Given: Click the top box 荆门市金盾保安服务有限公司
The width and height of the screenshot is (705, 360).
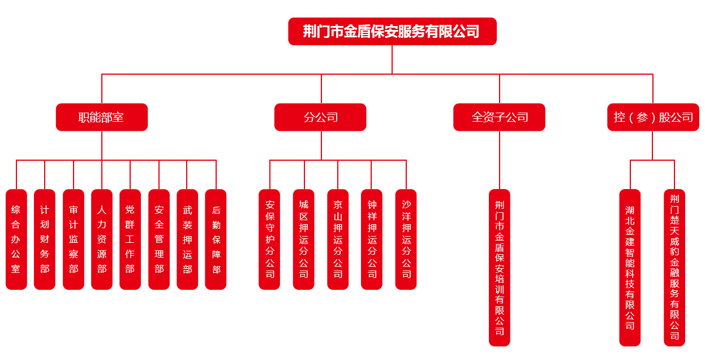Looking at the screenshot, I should tap(392, 31).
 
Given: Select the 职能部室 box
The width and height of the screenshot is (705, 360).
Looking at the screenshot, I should tap(102, 117).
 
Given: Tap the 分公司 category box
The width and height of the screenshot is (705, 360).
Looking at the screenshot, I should tap(320, 117).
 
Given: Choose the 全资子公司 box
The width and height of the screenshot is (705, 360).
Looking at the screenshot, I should tap(499, 117).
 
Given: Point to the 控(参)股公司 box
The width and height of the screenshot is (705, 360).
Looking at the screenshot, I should tap(653, 117).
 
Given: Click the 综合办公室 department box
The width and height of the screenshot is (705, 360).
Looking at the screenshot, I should tap(16, 239).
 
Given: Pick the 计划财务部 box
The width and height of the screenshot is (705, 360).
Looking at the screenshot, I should tap(45, 239).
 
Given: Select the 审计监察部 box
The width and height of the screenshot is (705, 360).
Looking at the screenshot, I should tap(74, 239).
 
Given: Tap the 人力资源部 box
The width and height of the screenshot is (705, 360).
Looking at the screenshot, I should tap(102, 239).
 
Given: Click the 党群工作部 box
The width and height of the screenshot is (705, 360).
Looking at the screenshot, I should tap(130, 239).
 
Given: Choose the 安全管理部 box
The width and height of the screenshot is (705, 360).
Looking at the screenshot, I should tap(159, 239).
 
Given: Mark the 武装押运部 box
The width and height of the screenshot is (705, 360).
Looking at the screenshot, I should tap(187, 239).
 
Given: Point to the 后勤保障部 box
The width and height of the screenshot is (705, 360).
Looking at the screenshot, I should tap(216, 239).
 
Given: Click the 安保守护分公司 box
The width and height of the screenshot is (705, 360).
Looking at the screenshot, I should tap(269, 239).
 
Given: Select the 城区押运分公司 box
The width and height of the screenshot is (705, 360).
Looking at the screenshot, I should tap(304, 239).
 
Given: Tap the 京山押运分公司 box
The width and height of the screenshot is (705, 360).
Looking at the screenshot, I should tap(338, 239).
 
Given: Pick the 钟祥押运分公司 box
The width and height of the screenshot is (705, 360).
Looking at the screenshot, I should tap(372, 239).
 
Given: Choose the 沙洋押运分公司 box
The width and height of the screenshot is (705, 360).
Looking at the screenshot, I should tap(406, 239).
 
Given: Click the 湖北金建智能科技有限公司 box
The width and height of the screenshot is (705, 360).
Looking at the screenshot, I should tap(630, 267).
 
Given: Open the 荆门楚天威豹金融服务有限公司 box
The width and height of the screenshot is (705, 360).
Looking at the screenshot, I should tap(674, 267).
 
